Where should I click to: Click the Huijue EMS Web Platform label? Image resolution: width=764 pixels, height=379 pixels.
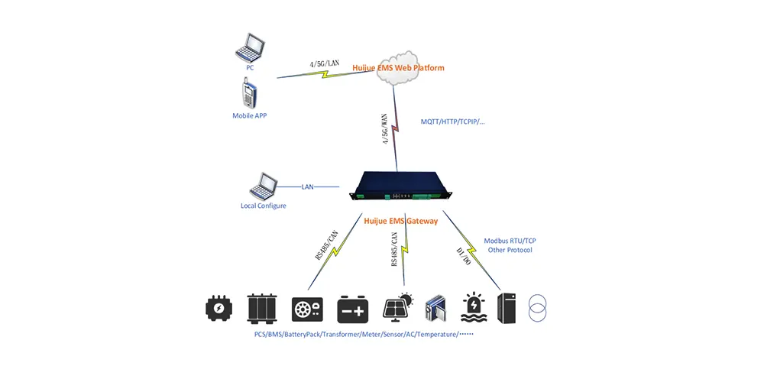[398, 68]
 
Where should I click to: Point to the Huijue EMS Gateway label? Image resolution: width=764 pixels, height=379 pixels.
[401, 221]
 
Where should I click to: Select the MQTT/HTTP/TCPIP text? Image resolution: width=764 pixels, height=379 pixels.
[453, 121]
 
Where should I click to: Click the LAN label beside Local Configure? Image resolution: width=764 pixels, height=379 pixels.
[308, 186]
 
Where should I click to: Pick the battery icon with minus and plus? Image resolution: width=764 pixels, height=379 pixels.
[354, 309]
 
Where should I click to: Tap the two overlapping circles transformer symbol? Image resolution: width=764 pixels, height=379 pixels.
[538, 309]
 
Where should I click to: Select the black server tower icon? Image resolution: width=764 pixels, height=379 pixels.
[507, 309]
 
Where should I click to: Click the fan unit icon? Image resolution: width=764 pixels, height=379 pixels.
[307, 309]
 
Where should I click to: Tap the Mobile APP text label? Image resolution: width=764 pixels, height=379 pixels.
[250, 116]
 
